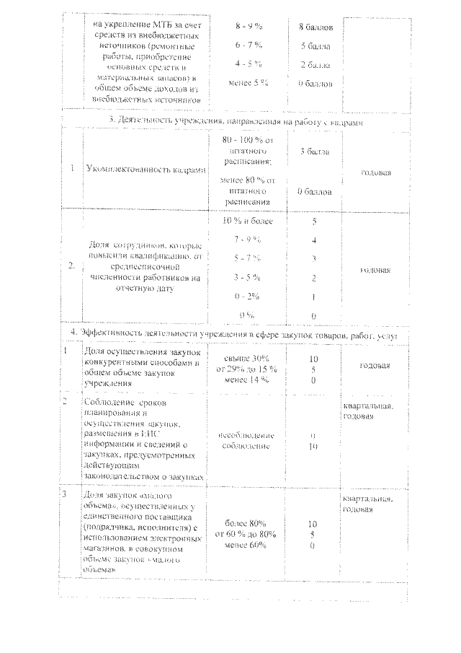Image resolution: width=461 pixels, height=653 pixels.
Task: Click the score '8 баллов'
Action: [315, 27]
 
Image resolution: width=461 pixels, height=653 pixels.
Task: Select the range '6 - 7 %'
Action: [248, 45]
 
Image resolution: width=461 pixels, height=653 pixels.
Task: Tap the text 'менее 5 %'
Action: [247, 83]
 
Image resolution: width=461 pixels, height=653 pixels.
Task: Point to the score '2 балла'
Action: [315, 64]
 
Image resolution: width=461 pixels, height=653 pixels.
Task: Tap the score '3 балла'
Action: [315, 152]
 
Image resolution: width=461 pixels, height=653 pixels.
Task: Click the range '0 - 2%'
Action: [247, 297]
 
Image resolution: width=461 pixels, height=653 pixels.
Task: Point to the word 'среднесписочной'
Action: [146, 265]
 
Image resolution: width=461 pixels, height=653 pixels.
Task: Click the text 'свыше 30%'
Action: [247, 359]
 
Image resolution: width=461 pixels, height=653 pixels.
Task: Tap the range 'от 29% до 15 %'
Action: [247, 369]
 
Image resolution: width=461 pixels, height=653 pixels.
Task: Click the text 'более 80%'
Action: [246, 523]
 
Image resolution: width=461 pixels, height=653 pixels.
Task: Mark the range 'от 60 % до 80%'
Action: [246, 534]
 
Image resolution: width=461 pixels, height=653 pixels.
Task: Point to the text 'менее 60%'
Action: [246, 545]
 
